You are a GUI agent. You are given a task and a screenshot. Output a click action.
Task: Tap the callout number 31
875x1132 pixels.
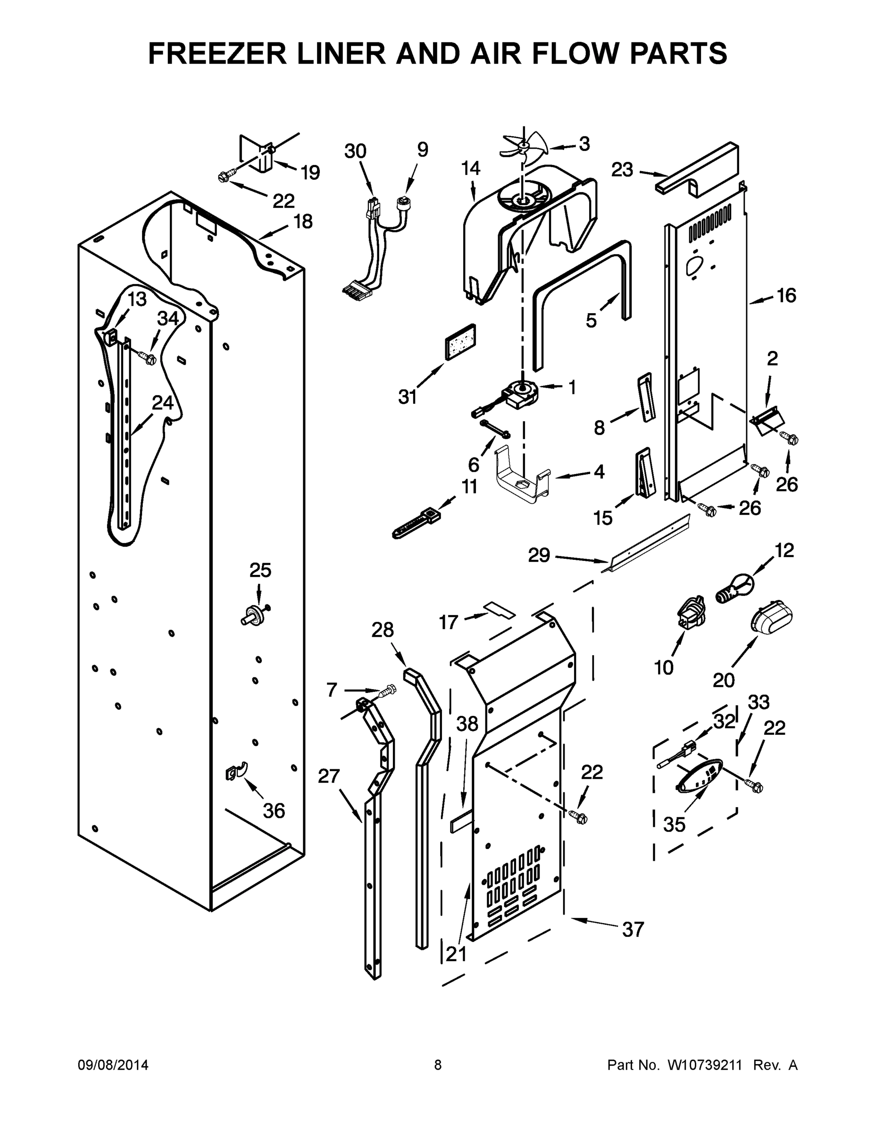pyautogui.click(x=408, y=397)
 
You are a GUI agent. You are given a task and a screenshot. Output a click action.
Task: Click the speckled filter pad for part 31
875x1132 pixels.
pyautogui.click(x=460, y=341)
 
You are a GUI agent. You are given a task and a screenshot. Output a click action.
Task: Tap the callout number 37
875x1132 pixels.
pyautogui.click(x=633, y=929)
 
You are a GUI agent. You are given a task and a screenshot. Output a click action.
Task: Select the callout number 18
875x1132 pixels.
pyautogui.click(x=303, y=222)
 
